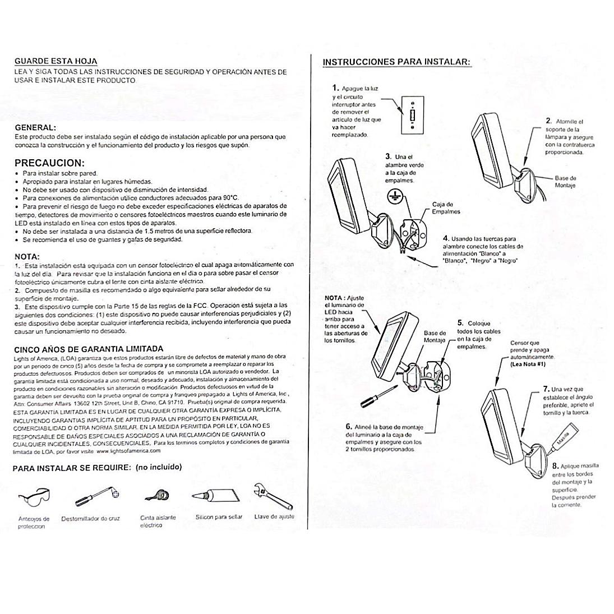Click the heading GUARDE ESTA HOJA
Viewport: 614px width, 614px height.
click(56, 61)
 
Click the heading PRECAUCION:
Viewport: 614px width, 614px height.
click(49, 163)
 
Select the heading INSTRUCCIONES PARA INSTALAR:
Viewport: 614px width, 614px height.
click(396, 62)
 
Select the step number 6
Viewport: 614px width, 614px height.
click(349, 427)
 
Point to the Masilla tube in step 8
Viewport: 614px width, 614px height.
click(562, 437)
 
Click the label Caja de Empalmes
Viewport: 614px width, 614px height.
click(446, 208)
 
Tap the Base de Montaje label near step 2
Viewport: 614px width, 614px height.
click(565, 182)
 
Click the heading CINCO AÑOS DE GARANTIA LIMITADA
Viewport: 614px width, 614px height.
click(89, 348)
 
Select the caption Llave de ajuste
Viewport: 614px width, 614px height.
click(274, 516)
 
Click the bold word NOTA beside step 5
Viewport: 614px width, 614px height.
click(334, 297)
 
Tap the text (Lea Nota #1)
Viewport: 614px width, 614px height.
click(528, 364)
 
